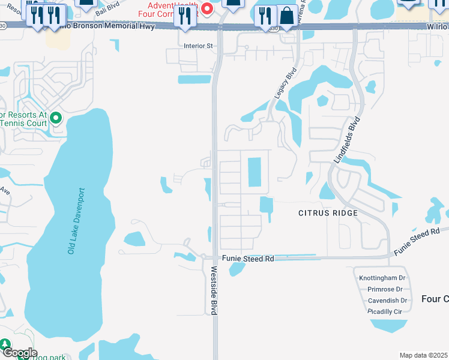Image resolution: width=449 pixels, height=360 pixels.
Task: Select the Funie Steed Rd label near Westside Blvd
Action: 248,259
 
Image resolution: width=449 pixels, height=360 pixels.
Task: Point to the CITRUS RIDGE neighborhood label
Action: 328,213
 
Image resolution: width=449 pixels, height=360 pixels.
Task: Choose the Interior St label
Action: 199,46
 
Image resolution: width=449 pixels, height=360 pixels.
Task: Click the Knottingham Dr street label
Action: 383,278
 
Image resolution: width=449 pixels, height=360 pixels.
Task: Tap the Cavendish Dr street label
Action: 387,301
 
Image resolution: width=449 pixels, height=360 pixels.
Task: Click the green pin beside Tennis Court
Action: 56,118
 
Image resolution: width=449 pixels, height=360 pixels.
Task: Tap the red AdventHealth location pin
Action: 207,8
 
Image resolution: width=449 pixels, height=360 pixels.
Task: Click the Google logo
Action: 19,353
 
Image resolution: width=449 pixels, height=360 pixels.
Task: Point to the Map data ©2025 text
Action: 423,355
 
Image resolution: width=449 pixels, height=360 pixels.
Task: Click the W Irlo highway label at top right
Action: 438,27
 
